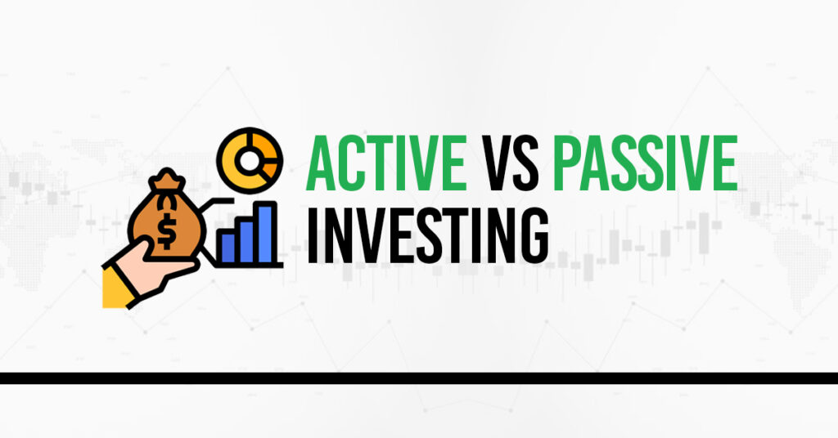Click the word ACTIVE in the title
386,163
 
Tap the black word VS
510,163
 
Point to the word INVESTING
427,235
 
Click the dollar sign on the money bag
166,232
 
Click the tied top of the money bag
167,180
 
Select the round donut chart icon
250,160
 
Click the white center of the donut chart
249,160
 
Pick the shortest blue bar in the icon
228,248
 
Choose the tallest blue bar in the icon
266,233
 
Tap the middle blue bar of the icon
246,241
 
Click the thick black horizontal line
419,378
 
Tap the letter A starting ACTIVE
322,163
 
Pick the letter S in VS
525,163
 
